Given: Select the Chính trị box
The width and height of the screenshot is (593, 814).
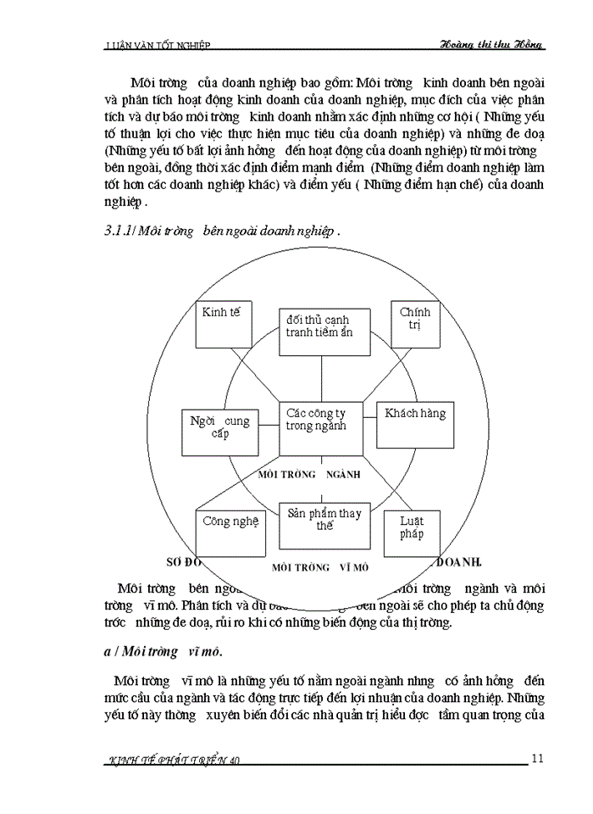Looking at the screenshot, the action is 414,324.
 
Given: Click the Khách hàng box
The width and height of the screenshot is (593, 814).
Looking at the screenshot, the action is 414,424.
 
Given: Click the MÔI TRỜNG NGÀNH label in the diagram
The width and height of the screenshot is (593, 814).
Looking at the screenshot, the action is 322,474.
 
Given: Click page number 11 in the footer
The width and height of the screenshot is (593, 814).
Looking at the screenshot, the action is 537,757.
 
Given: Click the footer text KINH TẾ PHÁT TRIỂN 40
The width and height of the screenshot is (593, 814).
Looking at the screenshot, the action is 177,760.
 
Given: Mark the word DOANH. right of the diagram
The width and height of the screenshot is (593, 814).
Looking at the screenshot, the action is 458,562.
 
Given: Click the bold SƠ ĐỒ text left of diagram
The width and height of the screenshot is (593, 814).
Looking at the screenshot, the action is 182,562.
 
